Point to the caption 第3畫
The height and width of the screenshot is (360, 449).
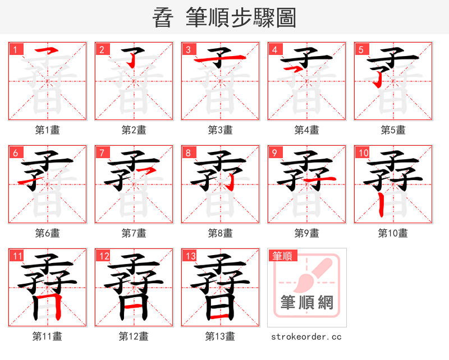click(220, 130)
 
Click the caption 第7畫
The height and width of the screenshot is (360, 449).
click(134, 233)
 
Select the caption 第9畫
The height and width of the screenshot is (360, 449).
click(306, 233)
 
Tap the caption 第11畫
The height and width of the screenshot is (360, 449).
click(47, 336)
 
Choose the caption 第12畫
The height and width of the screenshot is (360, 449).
click(134, 336)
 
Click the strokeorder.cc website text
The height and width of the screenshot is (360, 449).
click(306, 337)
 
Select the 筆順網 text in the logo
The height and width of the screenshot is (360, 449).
click(307, 303)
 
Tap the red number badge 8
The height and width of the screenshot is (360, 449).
click(189, 153)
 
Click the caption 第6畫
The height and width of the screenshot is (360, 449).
click(47, 233)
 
